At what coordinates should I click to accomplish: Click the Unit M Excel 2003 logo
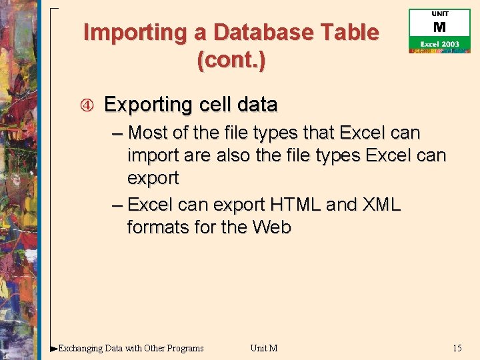439,31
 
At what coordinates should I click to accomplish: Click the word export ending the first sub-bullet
153,179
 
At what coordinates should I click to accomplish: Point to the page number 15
457,347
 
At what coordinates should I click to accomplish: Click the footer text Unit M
264,347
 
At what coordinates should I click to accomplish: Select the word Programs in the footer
185,347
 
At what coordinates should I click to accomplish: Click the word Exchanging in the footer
81,347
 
